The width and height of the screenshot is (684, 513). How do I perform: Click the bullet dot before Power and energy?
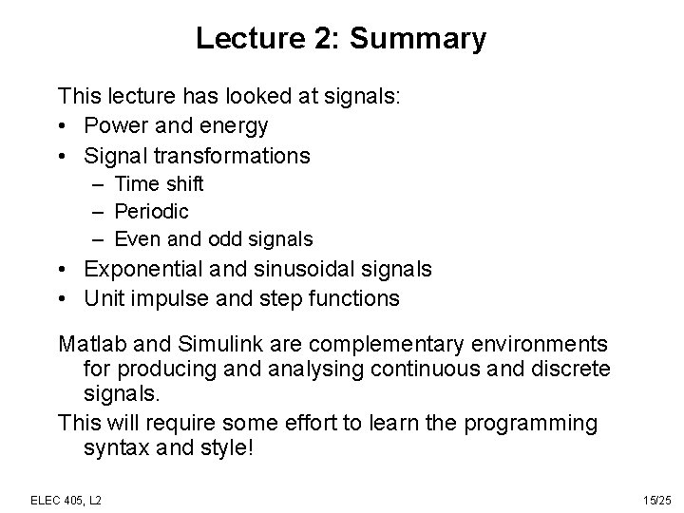[x=64, y=125]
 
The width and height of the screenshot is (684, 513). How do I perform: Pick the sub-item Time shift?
[x=159, y=183]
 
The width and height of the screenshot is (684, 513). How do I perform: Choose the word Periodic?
[x=152, y=211]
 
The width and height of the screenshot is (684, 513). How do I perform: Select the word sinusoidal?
[x=318, y=270]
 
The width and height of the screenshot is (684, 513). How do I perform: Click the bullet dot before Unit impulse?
[x=64, y=298]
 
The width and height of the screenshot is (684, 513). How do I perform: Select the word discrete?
[x=571, y=367]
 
